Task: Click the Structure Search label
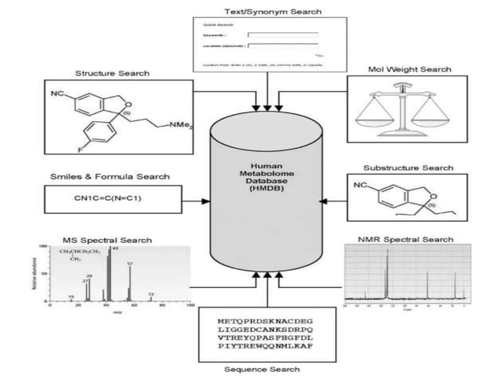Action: (112, 73)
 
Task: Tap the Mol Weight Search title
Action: (409, 69)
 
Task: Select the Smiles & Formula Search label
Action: (109, 177)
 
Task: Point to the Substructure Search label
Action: (408, 168)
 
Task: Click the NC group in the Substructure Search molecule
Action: (360, 186)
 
